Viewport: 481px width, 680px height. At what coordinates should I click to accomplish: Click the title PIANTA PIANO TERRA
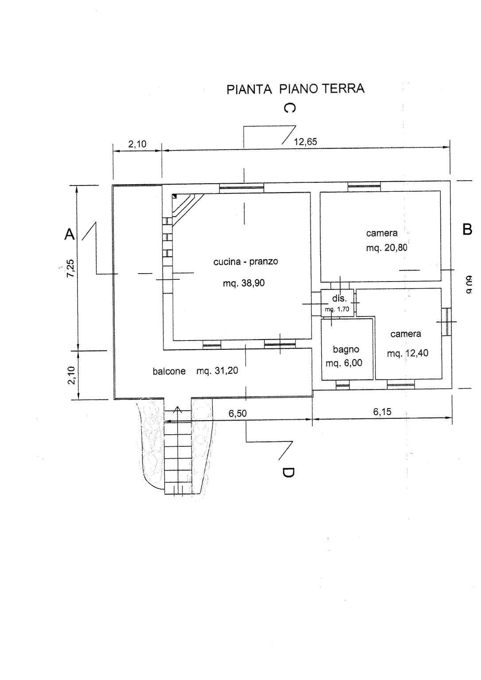[295, 89]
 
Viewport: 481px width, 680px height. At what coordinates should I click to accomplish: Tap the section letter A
[70, 234]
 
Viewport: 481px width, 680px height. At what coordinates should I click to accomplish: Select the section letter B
[467, 229]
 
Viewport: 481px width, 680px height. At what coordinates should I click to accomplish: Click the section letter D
[287, 473]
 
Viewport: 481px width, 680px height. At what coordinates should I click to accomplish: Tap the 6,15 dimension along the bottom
[382, 412]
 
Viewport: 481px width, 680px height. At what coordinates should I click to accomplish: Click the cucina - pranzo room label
[245, 262]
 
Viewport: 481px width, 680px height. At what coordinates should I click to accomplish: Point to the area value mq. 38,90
[244, 283]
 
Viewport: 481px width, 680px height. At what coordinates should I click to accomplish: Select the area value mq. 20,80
[386, 248]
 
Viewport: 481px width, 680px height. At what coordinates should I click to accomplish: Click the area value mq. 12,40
[407, 353]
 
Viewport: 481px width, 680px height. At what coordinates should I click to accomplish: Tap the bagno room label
[345, 349]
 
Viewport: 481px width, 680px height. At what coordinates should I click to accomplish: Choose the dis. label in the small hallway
[339, 298]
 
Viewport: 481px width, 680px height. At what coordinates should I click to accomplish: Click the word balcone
[169, 371]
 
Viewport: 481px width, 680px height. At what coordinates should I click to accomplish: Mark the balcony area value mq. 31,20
[217, 371]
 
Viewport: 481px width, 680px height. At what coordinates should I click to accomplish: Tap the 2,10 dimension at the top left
[137, 144]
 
